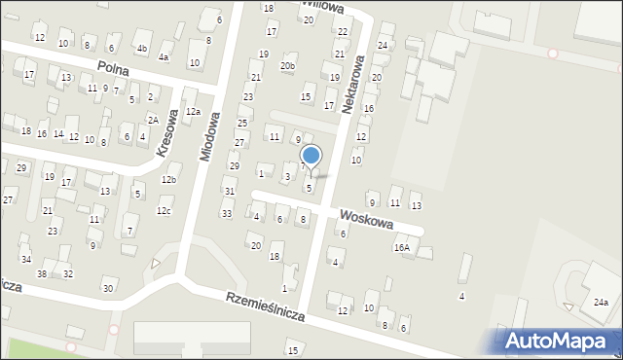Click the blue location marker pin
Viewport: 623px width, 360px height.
pos(311,156)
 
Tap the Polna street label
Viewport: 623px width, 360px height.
pos(120,67)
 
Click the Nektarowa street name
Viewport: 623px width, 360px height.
pos(352,89)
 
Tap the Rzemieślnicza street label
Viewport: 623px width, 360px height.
pos(265,306)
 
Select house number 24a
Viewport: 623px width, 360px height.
pos(602,303)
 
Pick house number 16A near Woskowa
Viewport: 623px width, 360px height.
pos(402,248)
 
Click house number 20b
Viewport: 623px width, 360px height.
pos(287,66)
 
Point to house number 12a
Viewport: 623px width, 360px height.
pos(194,112)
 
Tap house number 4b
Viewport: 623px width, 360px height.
pos(141,48)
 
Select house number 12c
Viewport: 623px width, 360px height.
pos(164,211)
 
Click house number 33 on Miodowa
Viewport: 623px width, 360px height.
pos(227,213)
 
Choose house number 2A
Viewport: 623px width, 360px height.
pos(153,120)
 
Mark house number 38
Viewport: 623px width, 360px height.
pos(42,273)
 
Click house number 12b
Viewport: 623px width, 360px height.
pos(169,179)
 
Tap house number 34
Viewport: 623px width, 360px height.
pos(26,259)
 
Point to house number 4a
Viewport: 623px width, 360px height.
pos(164,57)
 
